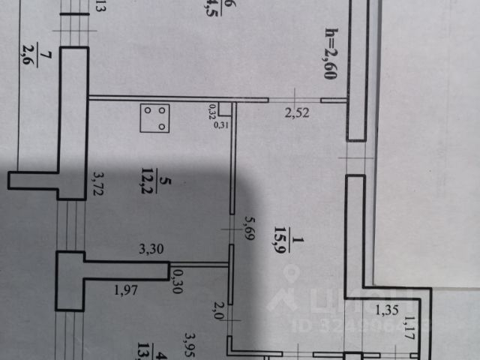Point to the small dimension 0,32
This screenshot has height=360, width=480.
[212, 112]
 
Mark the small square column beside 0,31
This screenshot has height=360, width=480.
[225, 109]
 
